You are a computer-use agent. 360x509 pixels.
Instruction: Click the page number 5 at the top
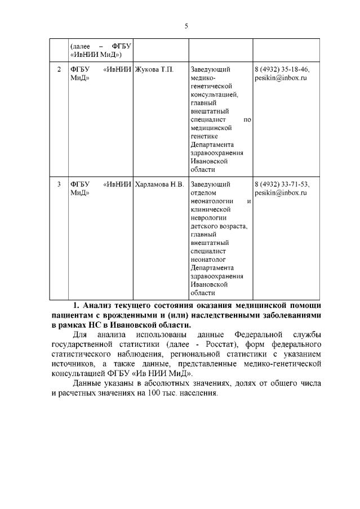coord(186,25)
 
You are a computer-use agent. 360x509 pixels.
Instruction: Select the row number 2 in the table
coord(59,70)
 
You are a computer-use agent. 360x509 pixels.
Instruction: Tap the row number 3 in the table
coord(59,184)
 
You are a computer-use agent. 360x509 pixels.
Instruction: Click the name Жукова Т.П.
coord(155,70)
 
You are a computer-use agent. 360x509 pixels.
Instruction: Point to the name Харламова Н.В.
coord(160,184)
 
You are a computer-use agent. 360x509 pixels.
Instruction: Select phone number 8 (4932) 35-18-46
coord(282,70)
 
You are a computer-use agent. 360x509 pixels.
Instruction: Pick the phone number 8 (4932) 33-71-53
coord(282,184)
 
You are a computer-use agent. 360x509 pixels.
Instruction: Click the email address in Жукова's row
coord(280,79)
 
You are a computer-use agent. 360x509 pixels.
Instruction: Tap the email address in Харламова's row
coord(280,193)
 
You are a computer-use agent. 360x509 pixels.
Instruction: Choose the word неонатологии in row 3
coord(212,201)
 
